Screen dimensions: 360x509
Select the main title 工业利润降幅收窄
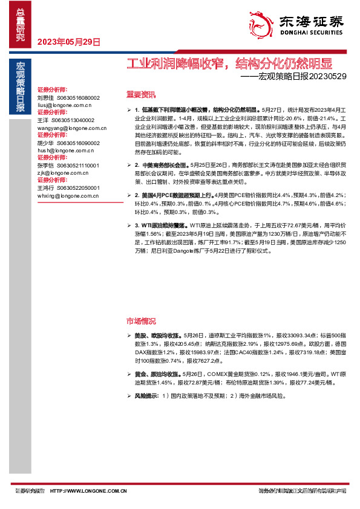(171, 63)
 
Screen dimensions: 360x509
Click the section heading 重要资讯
(140, 95)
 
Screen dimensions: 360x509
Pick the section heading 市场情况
(140, 320)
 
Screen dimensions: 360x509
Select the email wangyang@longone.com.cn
(71, 128)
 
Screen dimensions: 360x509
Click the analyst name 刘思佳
(45, 97)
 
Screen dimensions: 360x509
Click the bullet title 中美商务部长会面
(163, 164)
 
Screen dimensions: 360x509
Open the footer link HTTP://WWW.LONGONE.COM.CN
(88, 490)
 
